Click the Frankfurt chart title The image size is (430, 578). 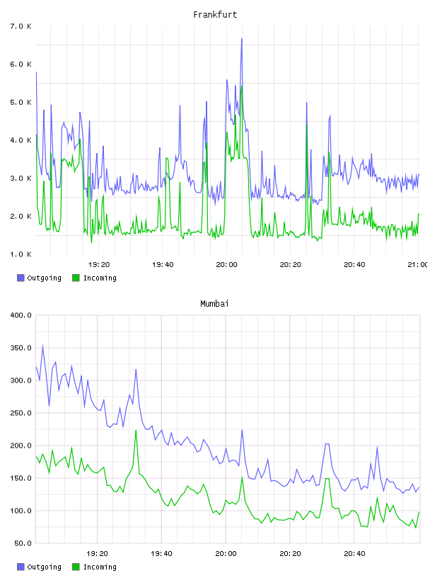pyautogui.click(x=215, y=15)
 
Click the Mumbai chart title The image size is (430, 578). pyautogui.click(x=214, y=304)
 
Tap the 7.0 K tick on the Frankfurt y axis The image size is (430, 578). pyautogui.click(x=21, y=26)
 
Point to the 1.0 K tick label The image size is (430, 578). pyautogui.click(x=21, y=254)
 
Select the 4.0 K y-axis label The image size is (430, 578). pyautogui.click(x=21, y=140)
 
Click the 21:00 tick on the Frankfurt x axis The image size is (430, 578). pyautogui.click(x=417, y=264)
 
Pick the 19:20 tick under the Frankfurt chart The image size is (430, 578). pyautogui.click(x=99, y=264)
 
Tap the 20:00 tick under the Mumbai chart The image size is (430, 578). pyautogui.click(x=226, y=553)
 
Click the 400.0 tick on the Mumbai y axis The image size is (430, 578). pyautogui.click(x=21, y=315)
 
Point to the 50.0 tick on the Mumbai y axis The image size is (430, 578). pyautogui.click(x=23, y=543)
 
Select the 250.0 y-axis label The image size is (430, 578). pyautogui.click(x=21, y=413)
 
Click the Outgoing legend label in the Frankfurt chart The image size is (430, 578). pyautogui.click(x=44, y=278)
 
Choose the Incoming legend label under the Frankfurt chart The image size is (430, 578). pyautogui.click(x=100, y=278)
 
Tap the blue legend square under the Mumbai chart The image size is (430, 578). pyautogui.click(x=21, y=567)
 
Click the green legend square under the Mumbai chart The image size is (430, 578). pyautogui.click(x=76, y=567)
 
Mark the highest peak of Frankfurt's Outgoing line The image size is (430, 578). pyautogui.click(x=241, y=38)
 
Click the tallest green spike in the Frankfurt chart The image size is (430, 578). pyautogui.click(x=241, y=86)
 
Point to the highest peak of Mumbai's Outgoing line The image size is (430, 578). pyautogui.click(x=42, y=346)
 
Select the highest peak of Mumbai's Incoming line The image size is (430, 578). pyautogui.click(x=136, y=430)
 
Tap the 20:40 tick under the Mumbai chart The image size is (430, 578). pyautogui.click(x=354, y=553)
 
